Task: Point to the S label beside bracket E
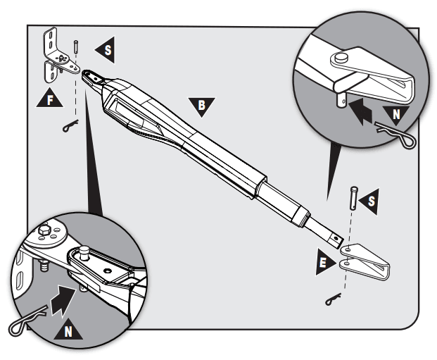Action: pyautogui.click(x=368, y=203)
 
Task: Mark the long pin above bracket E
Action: pyautogui.click(x=350, y=198)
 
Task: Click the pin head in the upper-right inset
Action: pyautogui.click(x=342, y=57)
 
